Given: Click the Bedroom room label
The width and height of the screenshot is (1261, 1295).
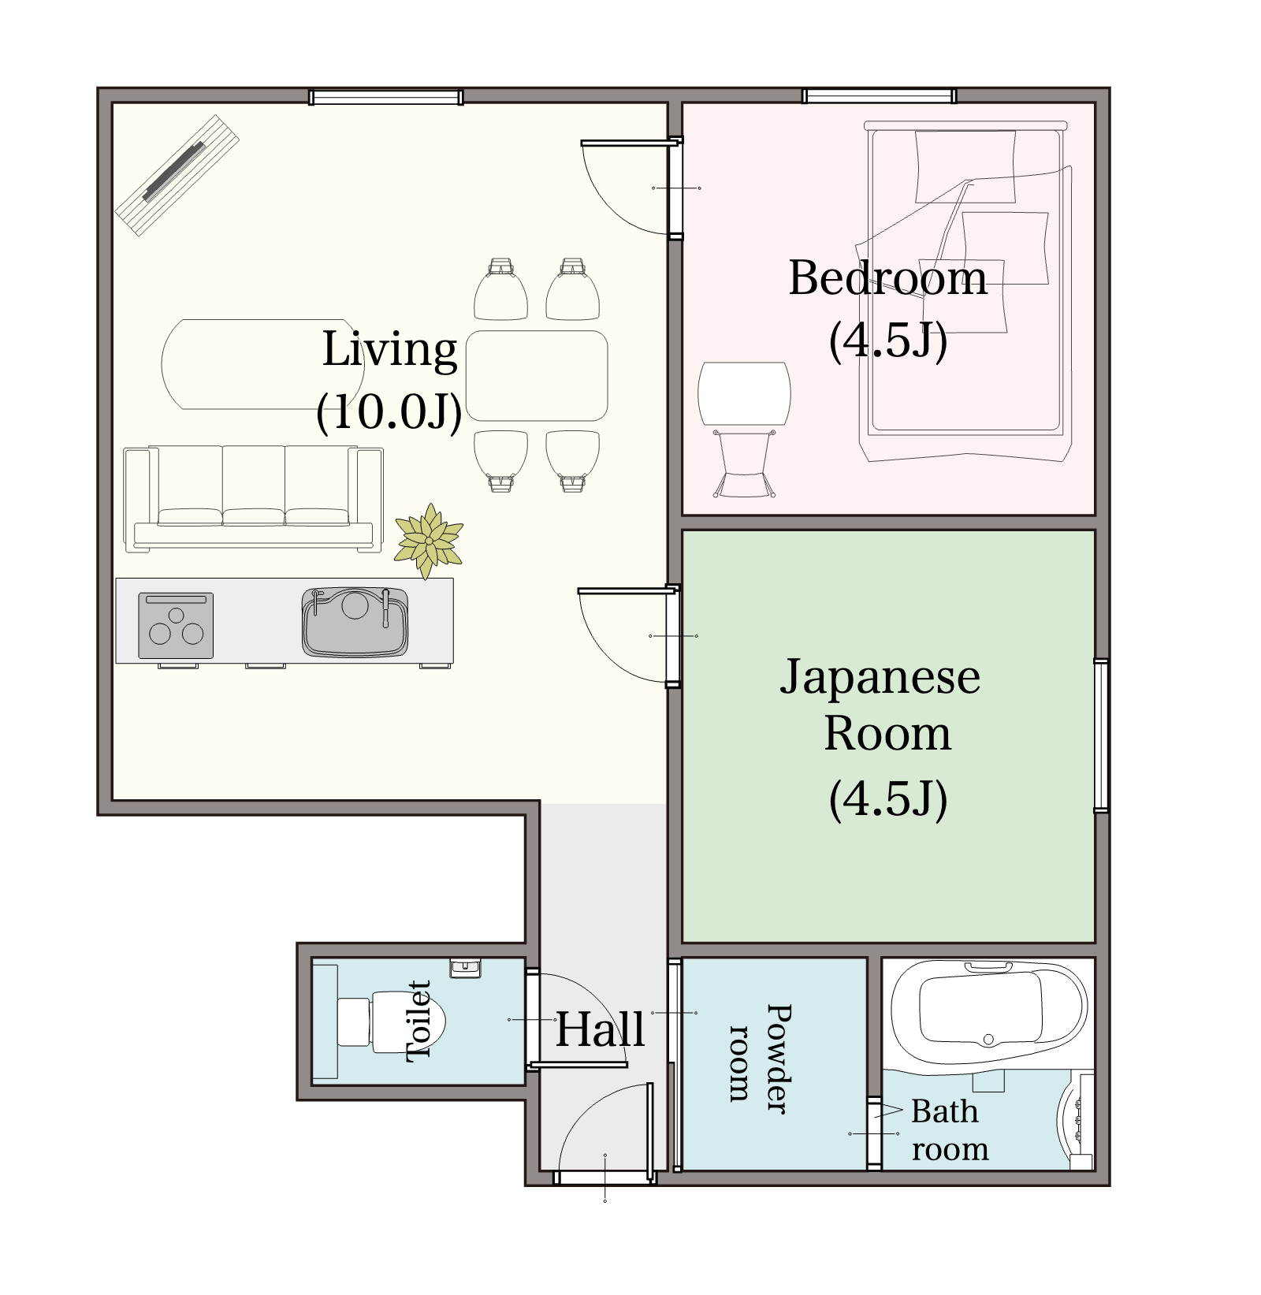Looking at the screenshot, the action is pos(887,278).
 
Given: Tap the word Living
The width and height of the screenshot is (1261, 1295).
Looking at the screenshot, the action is pos(389,350).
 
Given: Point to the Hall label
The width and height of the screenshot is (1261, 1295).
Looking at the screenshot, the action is pos(601,1029).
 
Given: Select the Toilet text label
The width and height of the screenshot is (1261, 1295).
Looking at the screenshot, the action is pos(418,1021).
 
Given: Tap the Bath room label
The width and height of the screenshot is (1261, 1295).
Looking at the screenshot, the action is pos(950,1129).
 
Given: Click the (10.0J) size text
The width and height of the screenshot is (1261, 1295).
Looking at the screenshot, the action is pos(389,411).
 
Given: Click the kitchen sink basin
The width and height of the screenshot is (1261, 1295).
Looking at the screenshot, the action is pos(355,622).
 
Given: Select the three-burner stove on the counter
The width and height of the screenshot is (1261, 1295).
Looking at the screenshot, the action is pos(176,625).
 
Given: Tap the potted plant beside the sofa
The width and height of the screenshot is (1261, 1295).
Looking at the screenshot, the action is pos(429,541).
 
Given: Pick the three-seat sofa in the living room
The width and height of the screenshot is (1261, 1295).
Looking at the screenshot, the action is pos(253,498).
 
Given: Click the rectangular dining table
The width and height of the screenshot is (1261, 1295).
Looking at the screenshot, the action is pos(537,375).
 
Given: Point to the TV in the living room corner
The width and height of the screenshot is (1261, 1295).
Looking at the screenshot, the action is pos(177,175).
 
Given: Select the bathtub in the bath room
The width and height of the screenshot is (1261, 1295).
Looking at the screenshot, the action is pos(989,1013).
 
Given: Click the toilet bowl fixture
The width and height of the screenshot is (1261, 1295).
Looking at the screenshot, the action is pos(392,1021).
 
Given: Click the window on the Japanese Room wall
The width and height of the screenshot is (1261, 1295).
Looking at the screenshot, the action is pos(1102,735).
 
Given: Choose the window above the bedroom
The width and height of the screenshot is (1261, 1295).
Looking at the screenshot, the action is pos(880,96).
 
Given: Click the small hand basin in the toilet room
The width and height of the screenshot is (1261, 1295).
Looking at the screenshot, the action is pos(465,968).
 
